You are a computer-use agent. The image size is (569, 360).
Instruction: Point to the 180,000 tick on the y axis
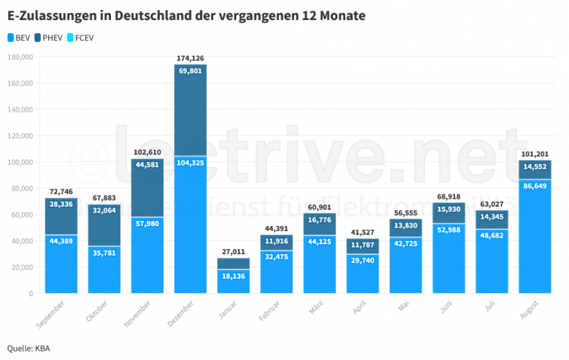(x=20, y=57)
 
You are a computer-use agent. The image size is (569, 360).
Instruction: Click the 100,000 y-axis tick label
(x=20, y=162)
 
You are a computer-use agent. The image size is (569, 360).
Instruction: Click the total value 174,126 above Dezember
(x=191, y=58)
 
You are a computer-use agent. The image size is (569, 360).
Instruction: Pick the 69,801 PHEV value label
(x=191, y=71)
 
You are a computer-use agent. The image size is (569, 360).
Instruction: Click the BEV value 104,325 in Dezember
(x=191, y=163)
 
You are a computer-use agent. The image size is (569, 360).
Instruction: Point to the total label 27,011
(x=233, y=251)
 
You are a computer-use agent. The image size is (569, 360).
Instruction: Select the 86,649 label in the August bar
(x=535, y=186)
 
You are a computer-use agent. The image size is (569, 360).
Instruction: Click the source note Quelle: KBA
(x=28, y=348)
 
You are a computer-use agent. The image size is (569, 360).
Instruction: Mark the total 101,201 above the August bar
(x=535, y=153)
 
